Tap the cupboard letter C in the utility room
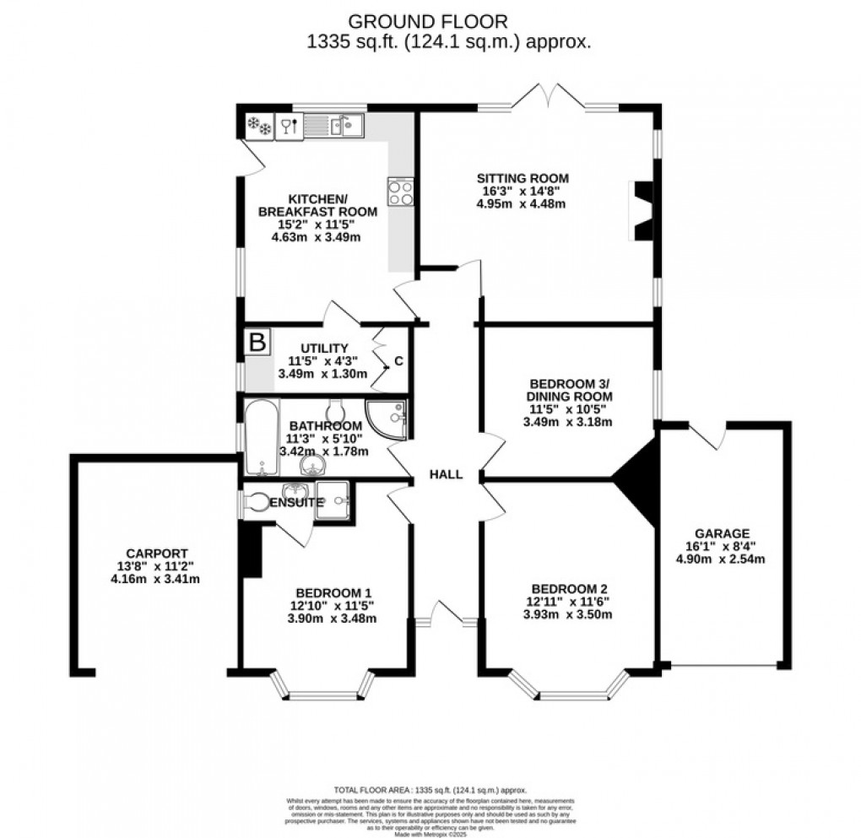(x=398, y=362)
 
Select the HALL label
(x=446, y=475)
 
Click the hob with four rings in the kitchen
(x=400, y=192)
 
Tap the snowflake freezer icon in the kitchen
(x=258, y=127)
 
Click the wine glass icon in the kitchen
(x=289, y=127)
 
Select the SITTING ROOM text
(x=523, y=178)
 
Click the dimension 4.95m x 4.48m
(x=523, y=203)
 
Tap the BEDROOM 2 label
(x=570, y=589)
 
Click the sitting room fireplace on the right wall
(x=642, y=211)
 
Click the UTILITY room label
(x=324, y=348)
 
